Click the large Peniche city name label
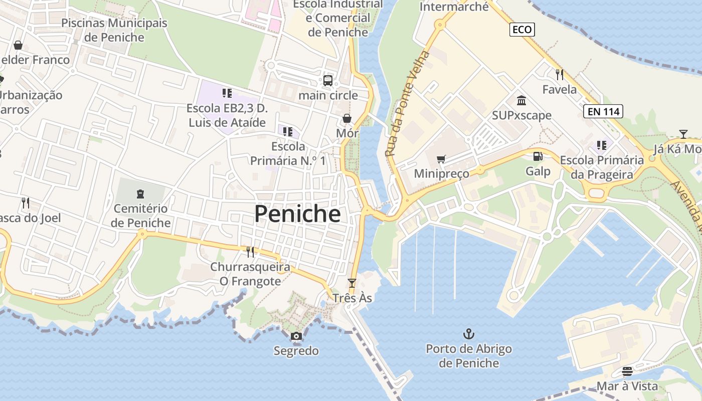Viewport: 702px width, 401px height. pyautogui.click(x=297, y=214)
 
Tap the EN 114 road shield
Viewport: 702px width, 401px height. pyautogui.click(x=603, y=111)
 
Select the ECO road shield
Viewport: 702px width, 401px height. pyautogui.click(x=522, y=30)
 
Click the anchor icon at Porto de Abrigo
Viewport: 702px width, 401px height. pyautogui.click(x=468, y=333)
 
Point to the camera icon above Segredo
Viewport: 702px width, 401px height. pyautogui.click(x=296, y=336)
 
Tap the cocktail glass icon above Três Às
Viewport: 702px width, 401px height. pyautogui.click(x=352, y=283)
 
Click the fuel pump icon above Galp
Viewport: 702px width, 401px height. pyautogui.click(x=538, y=156)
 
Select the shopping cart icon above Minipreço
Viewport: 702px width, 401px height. pyautogui.click(x=441, y=159)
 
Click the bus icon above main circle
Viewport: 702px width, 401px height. pyautogui.click(x=327, y=80)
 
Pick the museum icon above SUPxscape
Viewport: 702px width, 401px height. pyautogui.click(x=521, y=101)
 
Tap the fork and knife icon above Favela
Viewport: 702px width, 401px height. pyautogui.click(x=560, y=75)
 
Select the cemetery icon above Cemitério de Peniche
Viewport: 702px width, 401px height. pyautogui.click(x=140, y=193)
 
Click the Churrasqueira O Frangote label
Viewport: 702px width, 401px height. pyautogui.click(x=250, y=274)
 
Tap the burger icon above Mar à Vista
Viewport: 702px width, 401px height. pyautogui.click(x=627, y=371)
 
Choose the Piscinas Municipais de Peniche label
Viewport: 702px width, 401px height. pyautogui.click(x=114, y=30)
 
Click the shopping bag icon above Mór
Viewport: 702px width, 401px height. pyautogui.click(x=346, y=118)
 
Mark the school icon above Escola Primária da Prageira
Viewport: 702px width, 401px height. pyautogui.click(x=601, y=145)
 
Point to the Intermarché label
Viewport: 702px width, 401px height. pyautogui.click(x=454, y=7)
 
